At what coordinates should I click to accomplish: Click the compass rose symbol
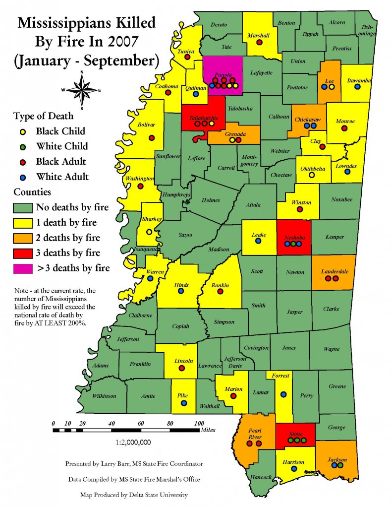click(81, 90)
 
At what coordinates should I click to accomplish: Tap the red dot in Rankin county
click(221, 291)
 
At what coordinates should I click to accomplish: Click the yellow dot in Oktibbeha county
click(312, 175)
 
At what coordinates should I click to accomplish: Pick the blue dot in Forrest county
click(283, 394)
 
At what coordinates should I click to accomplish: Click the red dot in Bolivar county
click(152, 138)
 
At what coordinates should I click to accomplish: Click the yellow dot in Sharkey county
click(149, 232)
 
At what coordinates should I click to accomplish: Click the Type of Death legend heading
click(44, 116)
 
